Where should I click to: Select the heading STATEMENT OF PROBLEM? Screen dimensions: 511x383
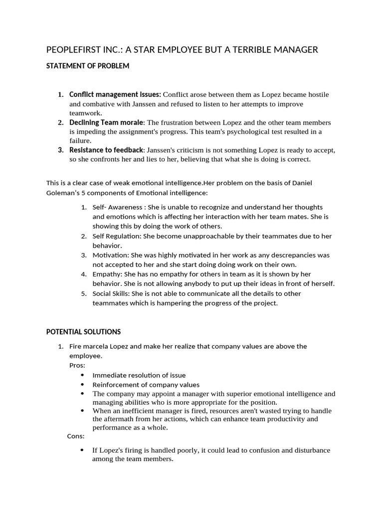click(88, 66)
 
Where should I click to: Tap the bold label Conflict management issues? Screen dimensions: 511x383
click(115, 94)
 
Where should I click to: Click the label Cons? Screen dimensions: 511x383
click(76, 436)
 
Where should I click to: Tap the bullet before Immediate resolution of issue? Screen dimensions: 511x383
click(82, 375)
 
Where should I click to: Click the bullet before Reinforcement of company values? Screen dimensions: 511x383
click(82, 385)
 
